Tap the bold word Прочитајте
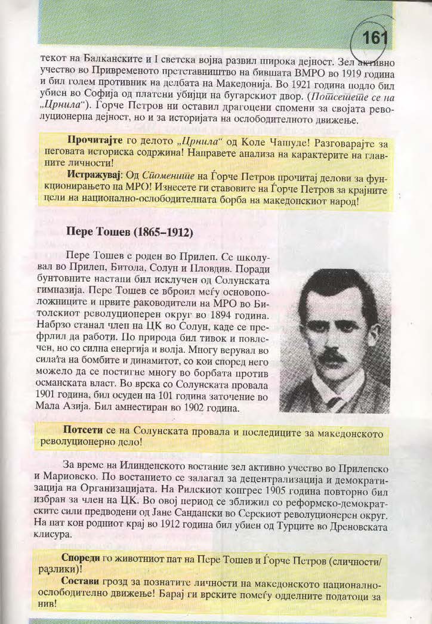93,144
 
